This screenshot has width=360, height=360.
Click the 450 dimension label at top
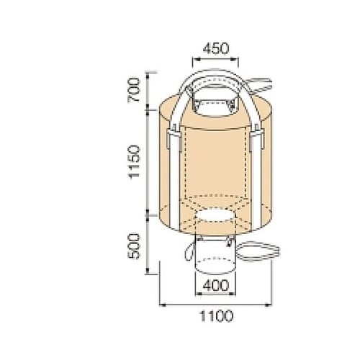coord(216,48)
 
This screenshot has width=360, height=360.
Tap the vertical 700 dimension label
coord(133,90)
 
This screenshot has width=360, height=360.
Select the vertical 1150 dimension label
coord(134,161)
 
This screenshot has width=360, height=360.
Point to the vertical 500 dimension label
coord(133,246)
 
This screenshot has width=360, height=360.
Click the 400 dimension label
coord(216,286)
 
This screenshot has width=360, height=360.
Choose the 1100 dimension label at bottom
coord(217,316)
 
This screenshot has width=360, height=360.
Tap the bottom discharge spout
coord(216,257)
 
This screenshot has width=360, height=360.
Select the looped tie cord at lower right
coord(259,251)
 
